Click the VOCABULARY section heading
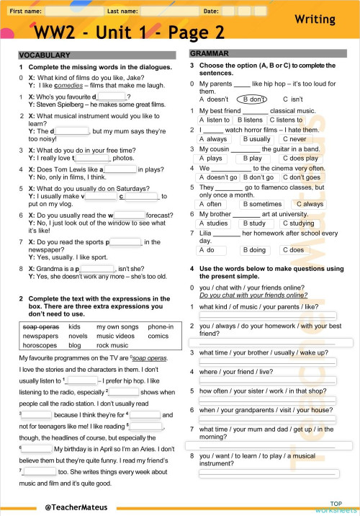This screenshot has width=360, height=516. pyautogui.click(x=40, y=55)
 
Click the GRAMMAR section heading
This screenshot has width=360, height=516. pyautogui.click(x=209, y=54)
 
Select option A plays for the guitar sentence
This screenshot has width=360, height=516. pyautogui.click(x=210, y=159)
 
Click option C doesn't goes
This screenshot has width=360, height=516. pyautogui.click(x=301, y=177)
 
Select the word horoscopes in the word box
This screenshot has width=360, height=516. pyautogui.click(x=42, y=345)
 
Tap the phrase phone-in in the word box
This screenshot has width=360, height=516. pyautogui.click(x=161, y=326)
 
